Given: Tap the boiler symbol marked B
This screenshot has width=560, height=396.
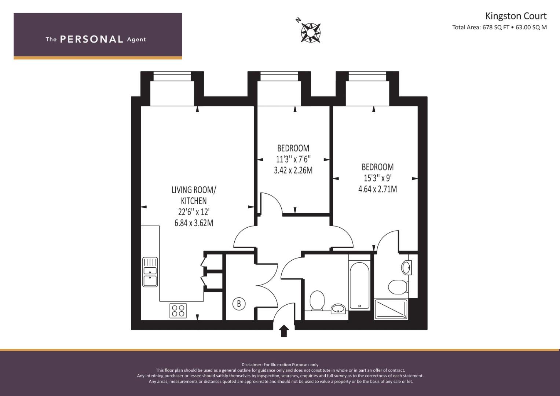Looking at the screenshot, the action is tap(239, 304).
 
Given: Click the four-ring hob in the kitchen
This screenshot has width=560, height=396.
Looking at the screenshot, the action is tap(178, 311).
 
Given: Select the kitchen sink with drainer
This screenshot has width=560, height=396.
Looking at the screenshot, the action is tap(150, 272).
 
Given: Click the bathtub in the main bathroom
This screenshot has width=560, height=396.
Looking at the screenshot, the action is tap(359, 286).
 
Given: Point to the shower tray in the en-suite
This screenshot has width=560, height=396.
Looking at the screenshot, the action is tap(391, 309).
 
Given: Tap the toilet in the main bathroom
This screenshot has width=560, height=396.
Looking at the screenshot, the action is tap(317, 301).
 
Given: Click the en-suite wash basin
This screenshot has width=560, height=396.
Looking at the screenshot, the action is tap(406, 268).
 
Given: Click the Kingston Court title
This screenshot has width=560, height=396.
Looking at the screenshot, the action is tap(516, 16).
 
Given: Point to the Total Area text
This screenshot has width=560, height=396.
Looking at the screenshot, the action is tap(499, 27).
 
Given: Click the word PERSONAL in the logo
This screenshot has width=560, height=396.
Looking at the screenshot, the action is tap(92, 39).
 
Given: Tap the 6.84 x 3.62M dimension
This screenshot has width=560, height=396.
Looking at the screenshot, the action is tap(194, 223).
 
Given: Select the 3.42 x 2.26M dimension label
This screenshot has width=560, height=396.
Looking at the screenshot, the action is tap(293, 170).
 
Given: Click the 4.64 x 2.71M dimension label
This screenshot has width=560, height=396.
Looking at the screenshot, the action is tap(377, 189).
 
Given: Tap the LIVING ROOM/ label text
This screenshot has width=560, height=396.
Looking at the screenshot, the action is tap(194, 190).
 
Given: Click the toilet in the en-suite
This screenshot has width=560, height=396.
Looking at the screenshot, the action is tap(398, 286).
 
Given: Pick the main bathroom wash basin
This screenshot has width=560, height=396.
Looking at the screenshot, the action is tap(338, 309).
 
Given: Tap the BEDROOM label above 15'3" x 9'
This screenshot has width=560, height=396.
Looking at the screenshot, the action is tap(377, 167).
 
